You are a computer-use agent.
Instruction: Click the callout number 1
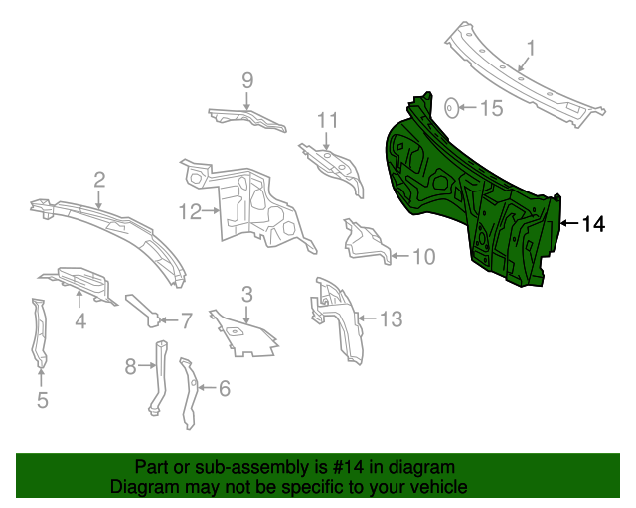(531, 48)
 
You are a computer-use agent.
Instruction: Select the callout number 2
(99, 179)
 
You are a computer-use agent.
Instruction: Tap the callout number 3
(247, 293)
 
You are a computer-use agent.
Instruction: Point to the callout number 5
(42, 400)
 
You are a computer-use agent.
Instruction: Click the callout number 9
(247, 80)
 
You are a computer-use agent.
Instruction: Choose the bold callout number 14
(592, 224)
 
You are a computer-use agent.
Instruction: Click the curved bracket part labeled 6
(188, 392)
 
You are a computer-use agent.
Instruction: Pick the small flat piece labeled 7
(143, 310)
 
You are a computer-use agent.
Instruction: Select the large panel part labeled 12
(248, 203)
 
